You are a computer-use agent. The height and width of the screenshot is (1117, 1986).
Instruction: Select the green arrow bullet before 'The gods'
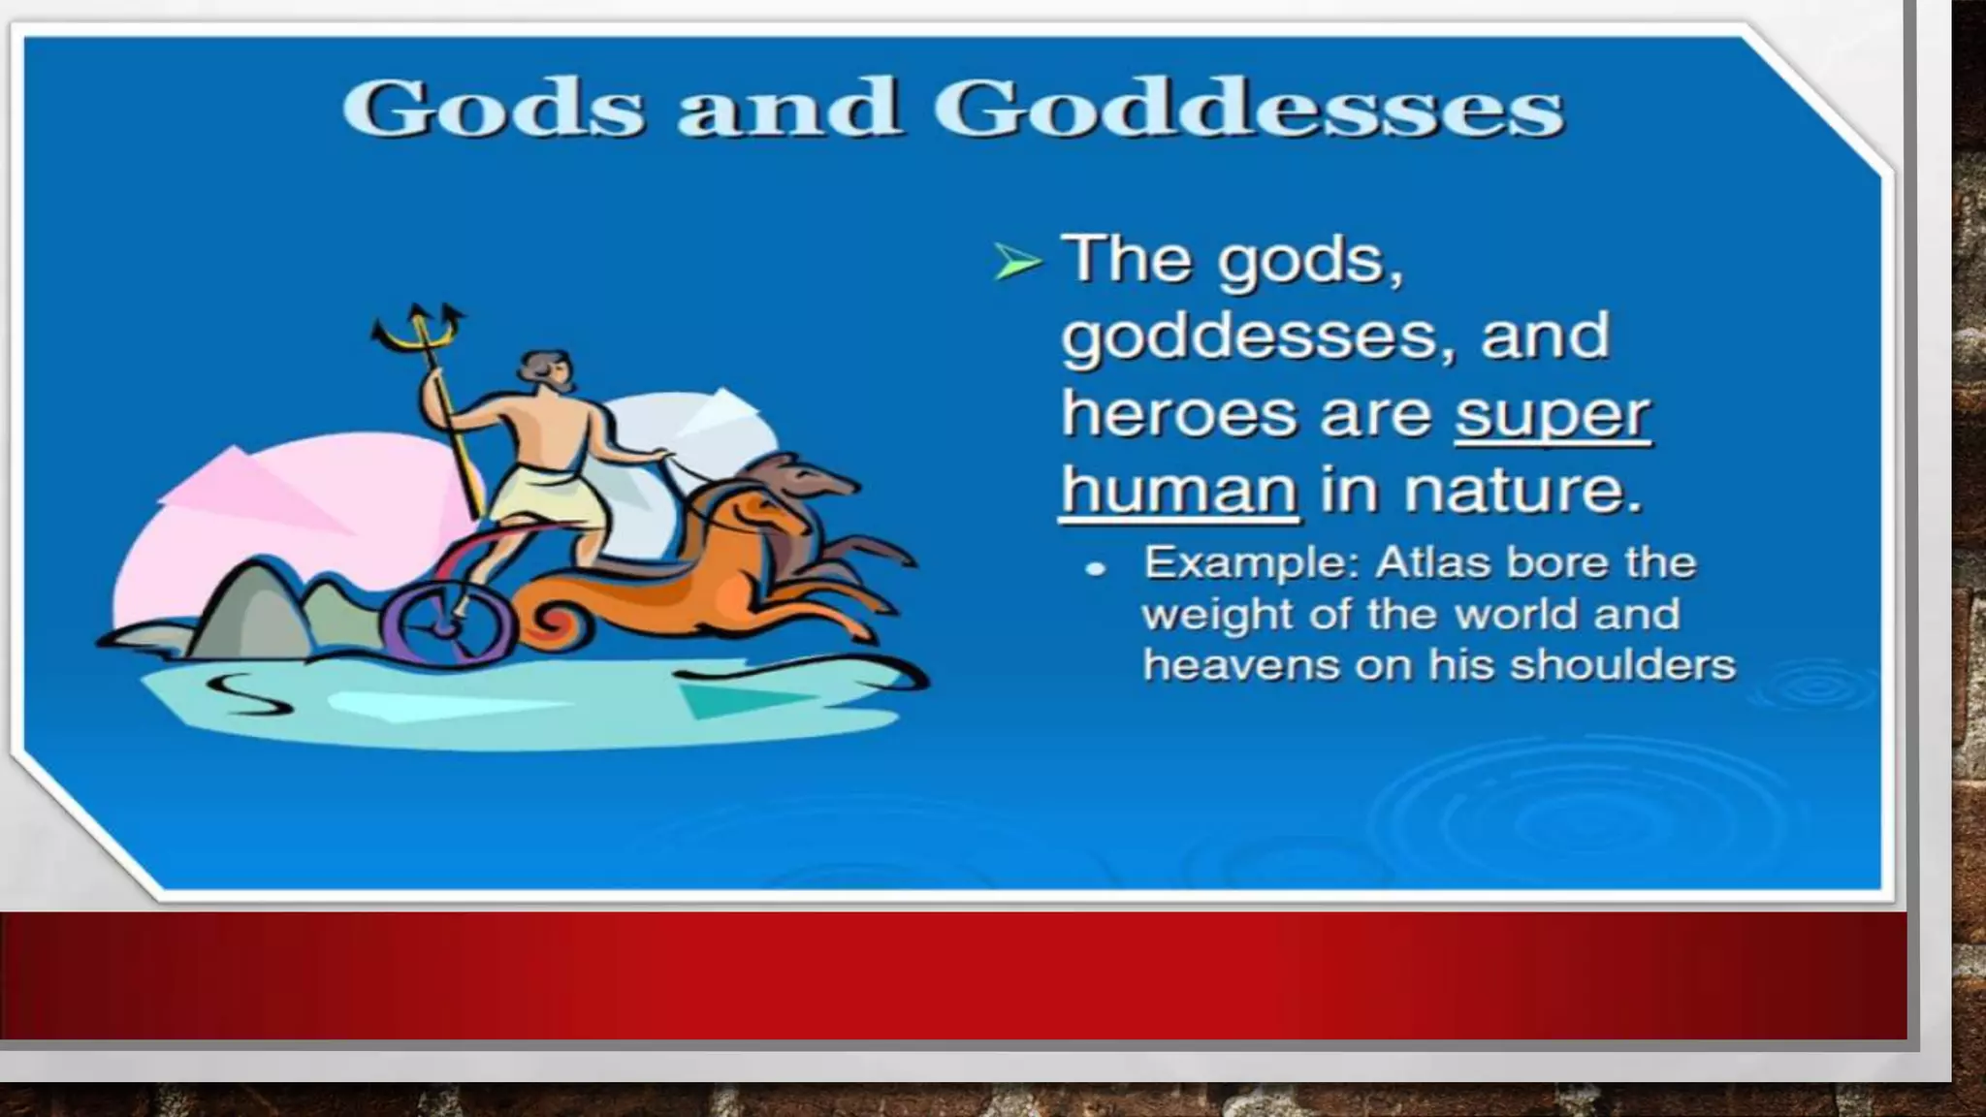1016,262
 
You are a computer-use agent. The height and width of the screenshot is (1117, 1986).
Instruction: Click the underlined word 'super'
1552,415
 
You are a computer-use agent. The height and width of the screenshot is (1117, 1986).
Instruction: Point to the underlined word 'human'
1178,490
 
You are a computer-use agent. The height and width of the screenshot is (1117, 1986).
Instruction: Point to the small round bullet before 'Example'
1096,568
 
